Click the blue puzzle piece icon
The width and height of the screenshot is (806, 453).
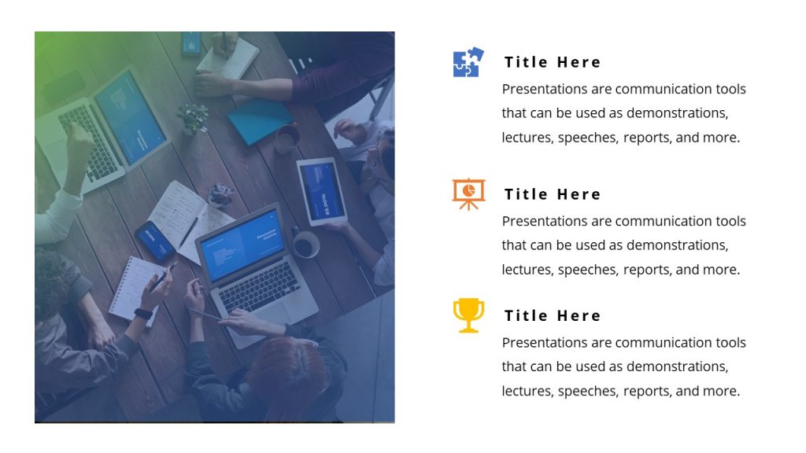468,63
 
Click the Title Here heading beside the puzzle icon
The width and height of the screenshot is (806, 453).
553,62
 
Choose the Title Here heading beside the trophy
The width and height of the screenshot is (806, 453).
553,315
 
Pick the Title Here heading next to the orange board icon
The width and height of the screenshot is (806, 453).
553,194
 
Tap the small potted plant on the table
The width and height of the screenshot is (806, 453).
192,117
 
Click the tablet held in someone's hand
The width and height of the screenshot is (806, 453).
321,190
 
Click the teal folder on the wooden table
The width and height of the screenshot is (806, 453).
261,121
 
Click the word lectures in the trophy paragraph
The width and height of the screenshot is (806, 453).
527,391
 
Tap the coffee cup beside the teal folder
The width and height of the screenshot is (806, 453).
287,138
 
